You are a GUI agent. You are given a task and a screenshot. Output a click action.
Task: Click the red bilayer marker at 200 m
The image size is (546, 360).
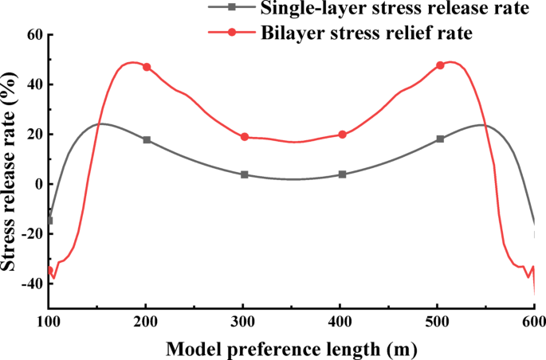click(x=147, y=67)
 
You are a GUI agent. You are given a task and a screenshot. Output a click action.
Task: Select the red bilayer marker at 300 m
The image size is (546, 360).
click(x=245, y=137)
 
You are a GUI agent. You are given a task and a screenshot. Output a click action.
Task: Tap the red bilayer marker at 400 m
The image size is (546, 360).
click(x=343, y=135)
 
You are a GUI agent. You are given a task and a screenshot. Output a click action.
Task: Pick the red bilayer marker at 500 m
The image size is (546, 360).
click(x=440, y=65)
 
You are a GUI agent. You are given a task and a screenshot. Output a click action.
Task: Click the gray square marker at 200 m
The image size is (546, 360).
click(x=147, y=139)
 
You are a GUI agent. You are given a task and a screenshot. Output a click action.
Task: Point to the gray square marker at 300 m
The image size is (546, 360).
click(x=245, y=174)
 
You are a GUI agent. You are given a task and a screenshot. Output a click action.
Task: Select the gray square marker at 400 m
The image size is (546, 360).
click(x=343, y=174)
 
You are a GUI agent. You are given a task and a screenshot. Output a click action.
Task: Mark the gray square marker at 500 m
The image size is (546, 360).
click(x=440, y=139)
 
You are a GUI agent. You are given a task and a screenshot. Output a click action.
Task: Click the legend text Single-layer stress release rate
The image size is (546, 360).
click(x=395, y=10)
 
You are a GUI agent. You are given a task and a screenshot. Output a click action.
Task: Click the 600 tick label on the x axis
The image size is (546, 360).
click(x=532, y=321)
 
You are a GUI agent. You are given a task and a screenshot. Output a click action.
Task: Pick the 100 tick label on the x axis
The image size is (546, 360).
click(x=49, y=321)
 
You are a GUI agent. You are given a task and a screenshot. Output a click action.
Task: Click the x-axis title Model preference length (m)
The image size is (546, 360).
click(x=292, y=348)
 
